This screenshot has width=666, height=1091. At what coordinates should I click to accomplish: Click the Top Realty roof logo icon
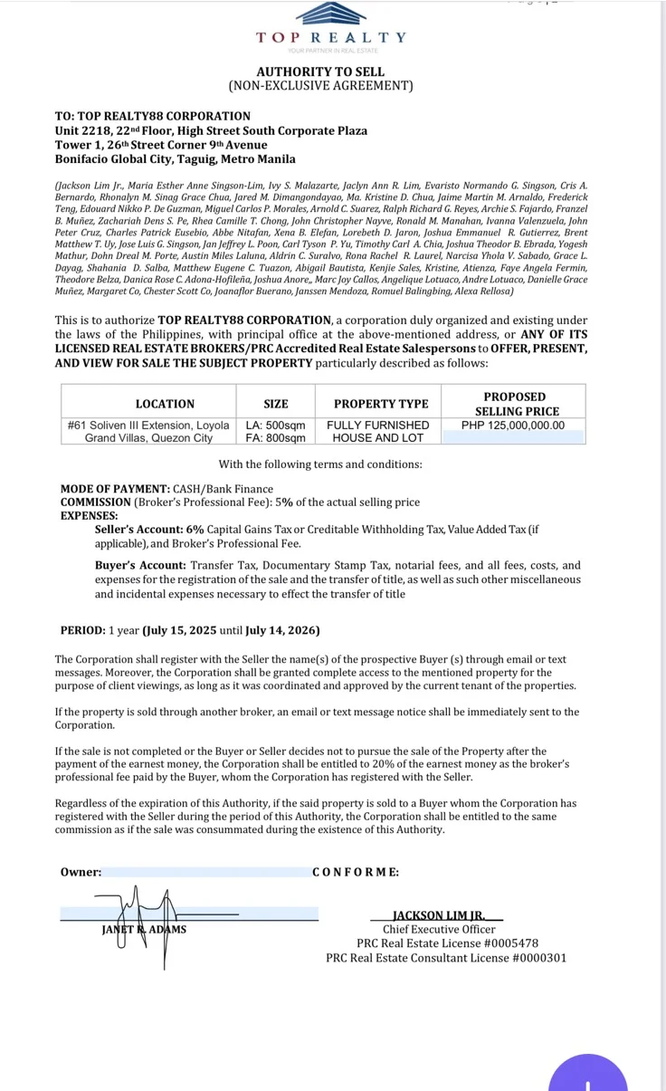pyautogui.click(x=331, y=14)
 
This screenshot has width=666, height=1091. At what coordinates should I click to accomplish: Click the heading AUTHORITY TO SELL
pyautogui.click(x=320, y=72)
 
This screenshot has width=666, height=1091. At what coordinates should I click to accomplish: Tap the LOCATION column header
pyautogui.click(x=165, y=404)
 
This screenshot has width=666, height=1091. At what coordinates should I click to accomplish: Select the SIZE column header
pyautogui.click(x=276, y=404)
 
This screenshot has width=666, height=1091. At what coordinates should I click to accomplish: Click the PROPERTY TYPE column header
pyautogui.click(x=381, y=404)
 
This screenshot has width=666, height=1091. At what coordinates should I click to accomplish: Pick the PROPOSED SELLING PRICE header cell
pyautogui.click(x=514, y=404)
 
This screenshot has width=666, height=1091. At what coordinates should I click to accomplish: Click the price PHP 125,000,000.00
pyautogui.click(x=513, y=425)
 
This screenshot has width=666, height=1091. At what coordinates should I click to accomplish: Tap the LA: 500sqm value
pyautogui.click(x=276, y=425)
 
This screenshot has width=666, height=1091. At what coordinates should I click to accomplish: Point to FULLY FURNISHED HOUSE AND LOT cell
pyautogui.click(x=377, y=431)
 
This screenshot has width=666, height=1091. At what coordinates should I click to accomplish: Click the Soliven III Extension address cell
pyautogui.click(x=149, y=431)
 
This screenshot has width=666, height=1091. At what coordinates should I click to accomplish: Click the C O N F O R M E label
pyautogui.click(x=356, y=872)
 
